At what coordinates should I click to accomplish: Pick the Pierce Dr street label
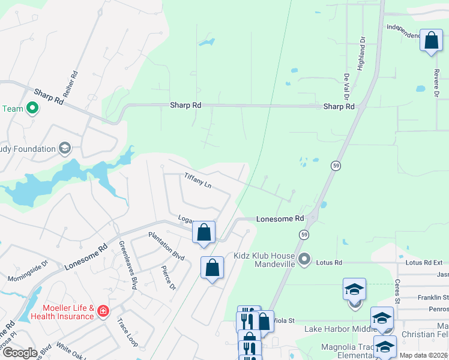(169, 278)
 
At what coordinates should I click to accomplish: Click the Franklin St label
(433, 298)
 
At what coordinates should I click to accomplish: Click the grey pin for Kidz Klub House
(304, 259)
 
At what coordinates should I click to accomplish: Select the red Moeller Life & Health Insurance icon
(103, 311)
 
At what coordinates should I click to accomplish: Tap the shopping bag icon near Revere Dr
(430, 41)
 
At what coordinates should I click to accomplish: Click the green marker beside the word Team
(32, 109)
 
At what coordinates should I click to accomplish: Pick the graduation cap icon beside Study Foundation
(64, 148)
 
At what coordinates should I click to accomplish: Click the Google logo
(20, 353)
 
